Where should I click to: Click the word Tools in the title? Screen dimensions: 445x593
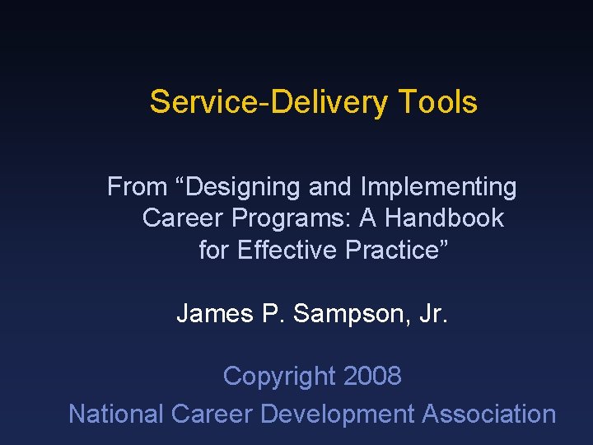tap(437, 102)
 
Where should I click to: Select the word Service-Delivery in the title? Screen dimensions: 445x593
tap(268, 102)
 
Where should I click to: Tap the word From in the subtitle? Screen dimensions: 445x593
tap(137, 187)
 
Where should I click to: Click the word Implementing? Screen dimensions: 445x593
tap(439, 188)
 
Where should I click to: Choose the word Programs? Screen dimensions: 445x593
tap(284, 219)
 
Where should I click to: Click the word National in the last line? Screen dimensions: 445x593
tap(116, 414)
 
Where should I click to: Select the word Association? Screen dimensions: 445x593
tap(489, 414)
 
